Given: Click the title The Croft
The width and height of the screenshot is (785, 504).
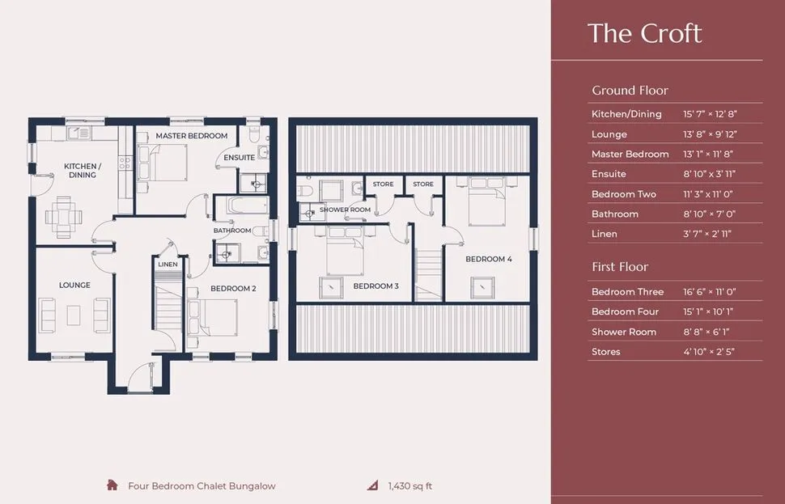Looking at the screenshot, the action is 644,33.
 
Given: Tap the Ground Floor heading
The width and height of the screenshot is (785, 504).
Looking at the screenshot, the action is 630,91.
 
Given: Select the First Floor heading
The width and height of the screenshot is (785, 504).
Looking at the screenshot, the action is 620,267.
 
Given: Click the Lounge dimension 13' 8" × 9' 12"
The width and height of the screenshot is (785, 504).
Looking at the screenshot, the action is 710,134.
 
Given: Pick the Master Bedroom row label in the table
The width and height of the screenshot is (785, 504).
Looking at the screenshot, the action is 630,155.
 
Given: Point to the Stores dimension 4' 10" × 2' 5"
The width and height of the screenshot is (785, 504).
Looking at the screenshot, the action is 708,351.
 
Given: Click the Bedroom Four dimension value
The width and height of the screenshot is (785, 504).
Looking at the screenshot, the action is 708,311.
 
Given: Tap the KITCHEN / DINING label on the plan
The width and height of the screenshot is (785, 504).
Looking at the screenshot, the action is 83,171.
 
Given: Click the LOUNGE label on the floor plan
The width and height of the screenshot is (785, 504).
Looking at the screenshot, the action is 74,286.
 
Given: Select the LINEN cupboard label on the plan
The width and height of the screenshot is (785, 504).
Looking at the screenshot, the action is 168,265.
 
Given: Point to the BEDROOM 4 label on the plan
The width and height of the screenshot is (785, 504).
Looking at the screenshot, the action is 489,259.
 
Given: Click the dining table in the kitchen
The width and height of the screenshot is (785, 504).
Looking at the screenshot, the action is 64,218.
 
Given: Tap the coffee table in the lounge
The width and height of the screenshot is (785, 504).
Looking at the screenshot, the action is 74,316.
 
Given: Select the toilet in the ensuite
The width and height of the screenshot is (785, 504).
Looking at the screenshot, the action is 253,133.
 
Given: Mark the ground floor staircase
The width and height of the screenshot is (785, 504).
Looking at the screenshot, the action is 168,305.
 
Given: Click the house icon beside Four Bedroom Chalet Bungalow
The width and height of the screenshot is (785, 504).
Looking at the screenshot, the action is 112,485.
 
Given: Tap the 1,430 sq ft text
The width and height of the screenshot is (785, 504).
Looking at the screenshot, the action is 410,486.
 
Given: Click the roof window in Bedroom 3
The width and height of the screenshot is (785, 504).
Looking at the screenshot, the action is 331,288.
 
